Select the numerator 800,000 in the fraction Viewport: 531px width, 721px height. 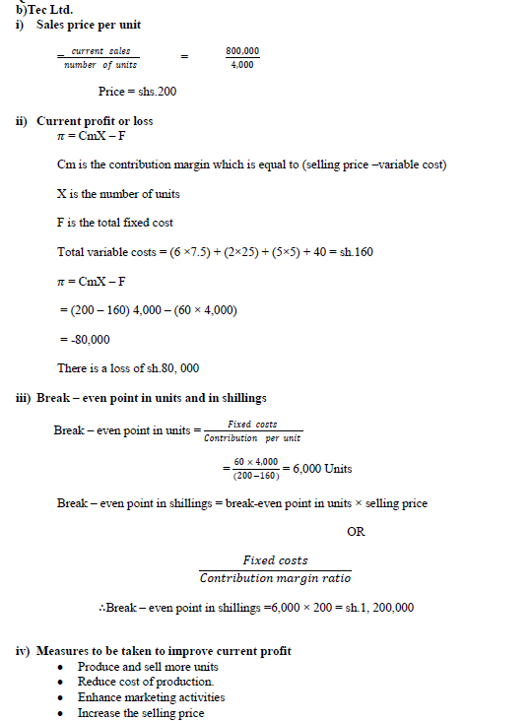242,49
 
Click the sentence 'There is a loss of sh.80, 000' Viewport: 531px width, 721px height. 128,367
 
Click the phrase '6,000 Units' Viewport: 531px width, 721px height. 323,468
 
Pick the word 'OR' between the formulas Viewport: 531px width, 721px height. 356,532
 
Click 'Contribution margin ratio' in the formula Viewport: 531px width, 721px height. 275,577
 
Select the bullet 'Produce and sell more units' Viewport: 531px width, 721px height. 147,667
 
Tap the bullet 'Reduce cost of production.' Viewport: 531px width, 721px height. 146,682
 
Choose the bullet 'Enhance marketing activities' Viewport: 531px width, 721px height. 151,697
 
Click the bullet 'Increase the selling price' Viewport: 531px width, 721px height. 143,712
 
